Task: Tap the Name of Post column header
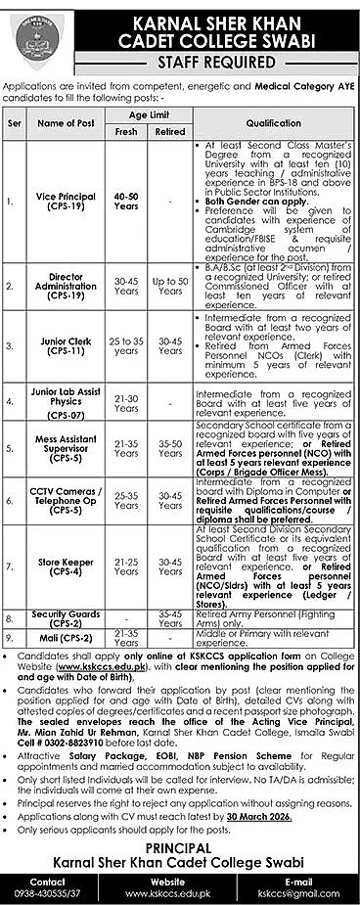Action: point(66,123)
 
